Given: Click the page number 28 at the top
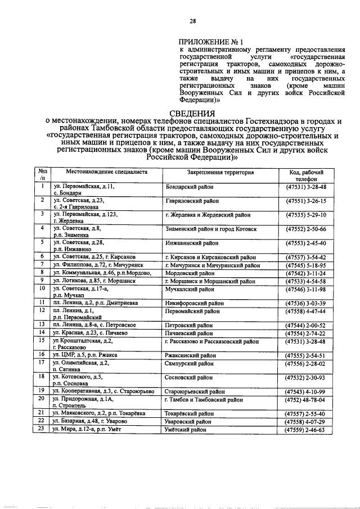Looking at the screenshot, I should pyautogui.click(x=192, y=22).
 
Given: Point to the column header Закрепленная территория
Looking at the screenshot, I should pyautogui.click(x=220, y=172).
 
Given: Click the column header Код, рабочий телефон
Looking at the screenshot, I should pyautogui.click(x=306, y=176).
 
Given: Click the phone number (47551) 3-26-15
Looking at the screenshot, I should pyautogui.click(x=306, y=200).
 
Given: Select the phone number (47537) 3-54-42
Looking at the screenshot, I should pyautogui.click(x=306, y=256).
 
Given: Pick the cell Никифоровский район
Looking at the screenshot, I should pyautogui.click(x=192, y=302).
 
